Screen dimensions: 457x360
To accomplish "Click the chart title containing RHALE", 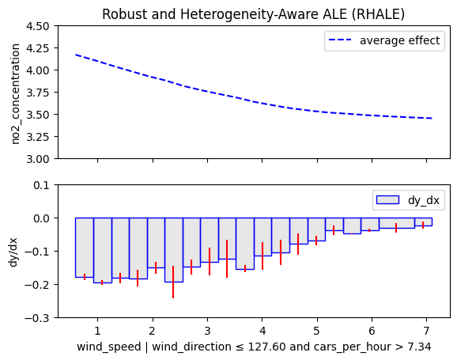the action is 253,14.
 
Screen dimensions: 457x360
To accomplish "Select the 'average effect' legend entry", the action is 384,40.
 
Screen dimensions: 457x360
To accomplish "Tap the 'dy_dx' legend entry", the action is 408,200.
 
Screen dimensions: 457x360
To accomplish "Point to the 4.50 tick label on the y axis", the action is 38,26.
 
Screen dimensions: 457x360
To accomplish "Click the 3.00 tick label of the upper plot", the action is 38,159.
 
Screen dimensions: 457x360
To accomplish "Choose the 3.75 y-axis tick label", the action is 38,93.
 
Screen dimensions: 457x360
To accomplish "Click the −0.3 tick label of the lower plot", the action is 37,318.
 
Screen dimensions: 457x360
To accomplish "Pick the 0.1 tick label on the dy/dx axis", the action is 41,185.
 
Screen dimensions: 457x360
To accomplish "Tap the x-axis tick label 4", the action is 262,331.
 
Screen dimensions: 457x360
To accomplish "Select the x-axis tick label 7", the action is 426,331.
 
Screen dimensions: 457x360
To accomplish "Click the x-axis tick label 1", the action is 97,331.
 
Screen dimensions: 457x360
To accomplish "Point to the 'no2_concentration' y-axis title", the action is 15,94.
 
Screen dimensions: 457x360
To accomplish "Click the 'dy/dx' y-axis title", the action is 13,252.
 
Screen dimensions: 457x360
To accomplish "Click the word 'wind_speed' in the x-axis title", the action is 109,347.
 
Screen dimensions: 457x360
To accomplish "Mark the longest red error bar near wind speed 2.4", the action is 173,282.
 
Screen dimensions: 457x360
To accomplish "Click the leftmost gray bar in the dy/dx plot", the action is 85,248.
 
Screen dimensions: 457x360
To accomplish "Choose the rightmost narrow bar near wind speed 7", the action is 423,222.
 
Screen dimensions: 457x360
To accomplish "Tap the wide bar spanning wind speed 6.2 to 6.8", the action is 397,223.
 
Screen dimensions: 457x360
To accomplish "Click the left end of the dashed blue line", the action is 75,55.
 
